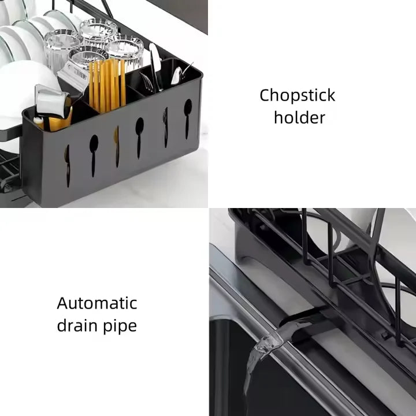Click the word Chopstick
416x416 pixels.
(x=297, y=95)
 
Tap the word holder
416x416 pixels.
(x=299, y=118)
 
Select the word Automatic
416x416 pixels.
(x=96, y=303)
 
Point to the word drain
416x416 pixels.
(x=78, y=325)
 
